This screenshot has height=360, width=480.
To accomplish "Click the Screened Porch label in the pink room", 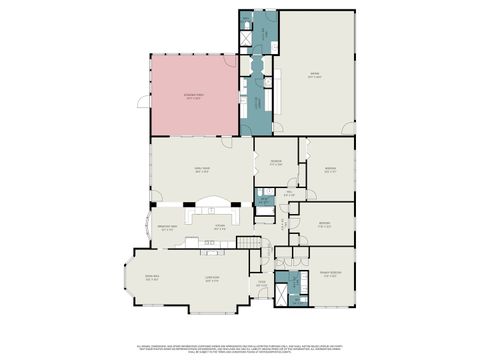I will [193, 96].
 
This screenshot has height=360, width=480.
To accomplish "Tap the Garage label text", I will [314, 75].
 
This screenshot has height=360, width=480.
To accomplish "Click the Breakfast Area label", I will [169, 228].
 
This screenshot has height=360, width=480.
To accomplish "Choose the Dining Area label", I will [153, 278].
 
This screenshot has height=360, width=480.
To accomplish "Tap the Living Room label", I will [212, 278].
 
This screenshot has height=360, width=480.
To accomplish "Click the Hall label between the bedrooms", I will [288, 193].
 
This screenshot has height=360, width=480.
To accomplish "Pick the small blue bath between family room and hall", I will [265, 200].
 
